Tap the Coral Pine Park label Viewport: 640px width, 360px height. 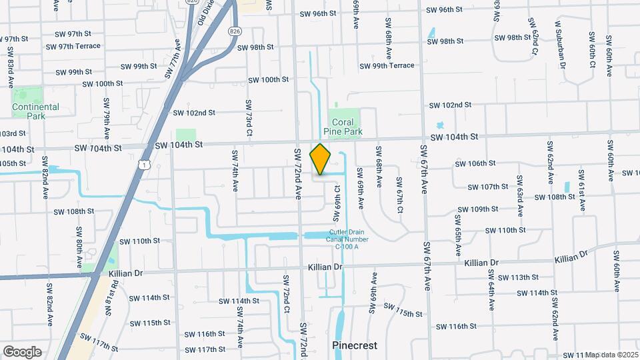click(343, 127)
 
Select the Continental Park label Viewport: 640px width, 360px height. click(35, 111)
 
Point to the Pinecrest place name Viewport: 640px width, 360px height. click(355, 345)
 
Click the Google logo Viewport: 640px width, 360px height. click(22, 351)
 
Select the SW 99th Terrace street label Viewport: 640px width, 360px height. click(387, 66)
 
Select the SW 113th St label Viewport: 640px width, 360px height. click(518, 277)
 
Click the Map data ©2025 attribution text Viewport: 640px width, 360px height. click(611, 355)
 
